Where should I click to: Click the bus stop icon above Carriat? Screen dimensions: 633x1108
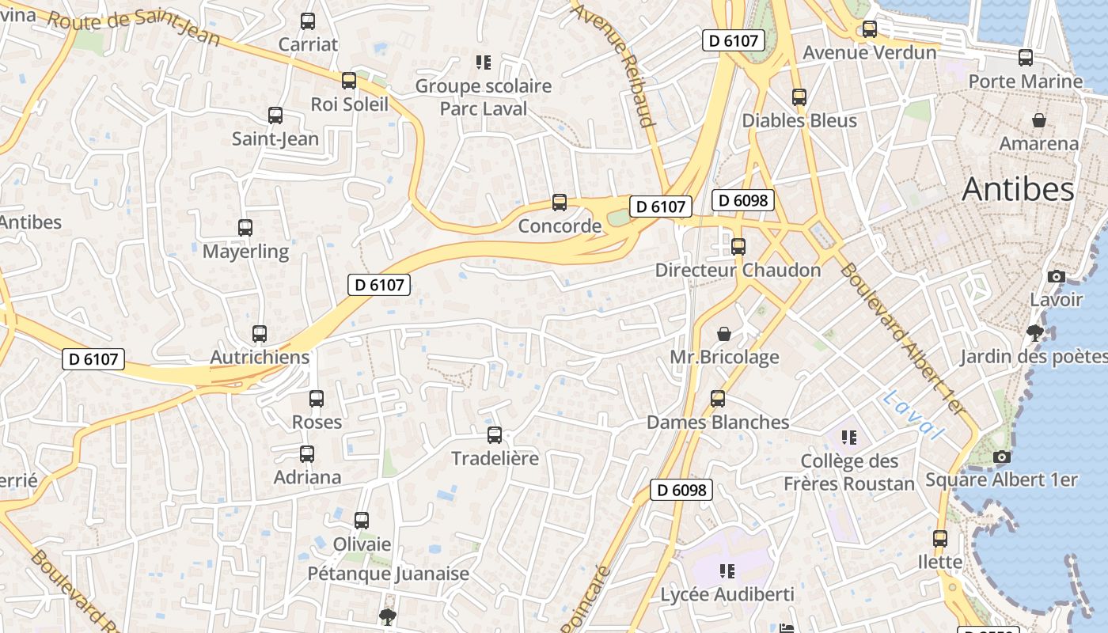click(x=308, y=21)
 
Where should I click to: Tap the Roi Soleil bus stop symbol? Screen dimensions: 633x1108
click(x=349, y=81)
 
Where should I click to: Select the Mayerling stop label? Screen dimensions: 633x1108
click(x=246, y=252)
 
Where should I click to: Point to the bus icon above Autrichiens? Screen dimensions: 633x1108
click(x=260, y=334)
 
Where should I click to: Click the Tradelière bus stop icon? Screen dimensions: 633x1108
click(x=495, y=434)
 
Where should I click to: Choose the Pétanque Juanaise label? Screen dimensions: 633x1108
click(x=388, y=574)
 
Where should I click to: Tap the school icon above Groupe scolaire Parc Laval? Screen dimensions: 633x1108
click(x=484, y=62)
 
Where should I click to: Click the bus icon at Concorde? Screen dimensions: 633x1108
click(x=560, y=203)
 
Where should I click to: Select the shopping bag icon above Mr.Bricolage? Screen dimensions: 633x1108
click(x=724, y=334)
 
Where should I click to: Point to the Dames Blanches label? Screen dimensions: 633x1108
click(x=718, y=423)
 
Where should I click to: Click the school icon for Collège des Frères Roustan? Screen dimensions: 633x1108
click(x=849, y=438)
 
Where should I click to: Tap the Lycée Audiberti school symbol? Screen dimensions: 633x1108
click(x=727, y=571)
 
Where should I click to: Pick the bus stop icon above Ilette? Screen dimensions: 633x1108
click(x=940, y=539)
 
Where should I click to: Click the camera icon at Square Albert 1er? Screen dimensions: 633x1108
click(x=1002, y=457)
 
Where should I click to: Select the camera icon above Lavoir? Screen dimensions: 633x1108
click(x=1056, y=276)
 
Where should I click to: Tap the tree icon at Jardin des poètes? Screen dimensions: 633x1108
click(x=1034, y=332)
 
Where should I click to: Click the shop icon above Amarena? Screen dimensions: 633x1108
click(x=1039, y=120)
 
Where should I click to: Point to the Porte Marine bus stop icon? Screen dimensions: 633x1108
click(x=1026, y=58)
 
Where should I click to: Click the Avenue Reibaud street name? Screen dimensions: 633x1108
click(x=615, y=63)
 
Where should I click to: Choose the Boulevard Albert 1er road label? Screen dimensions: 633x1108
click(x=903, y=339)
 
